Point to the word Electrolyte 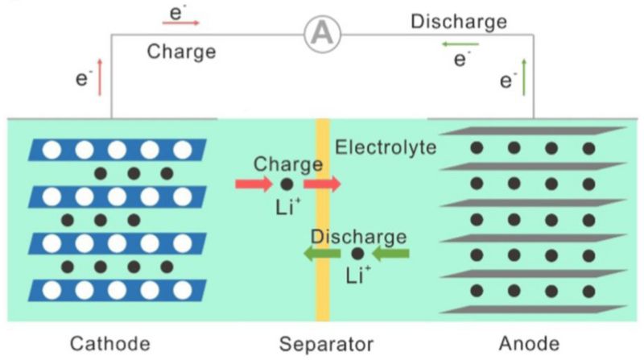click(386, 147)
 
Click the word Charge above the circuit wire click(181, 52)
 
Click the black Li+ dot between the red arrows click(287, 184)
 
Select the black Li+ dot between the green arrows click(357, 254)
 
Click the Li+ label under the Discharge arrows click(357, 276)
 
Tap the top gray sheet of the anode click(532, 130)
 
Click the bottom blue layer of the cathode click(117, 290)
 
